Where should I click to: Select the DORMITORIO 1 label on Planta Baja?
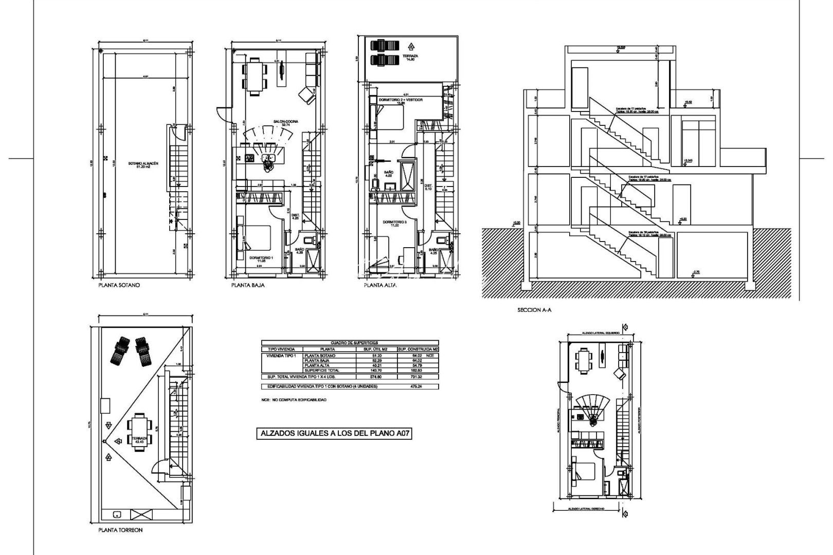click(261, 259)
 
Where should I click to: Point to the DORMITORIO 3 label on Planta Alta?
click(394, 223)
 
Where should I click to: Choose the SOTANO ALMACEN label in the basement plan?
click(143, 165)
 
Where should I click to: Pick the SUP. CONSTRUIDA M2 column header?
click(418, 349)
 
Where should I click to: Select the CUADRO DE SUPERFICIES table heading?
click(350, 343)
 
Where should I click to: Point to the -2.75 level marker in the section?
click(697, 271)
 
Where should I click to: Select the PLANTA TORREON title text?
click(120, 530)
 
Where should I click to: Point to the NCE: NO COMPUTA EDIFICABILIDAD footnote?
click(293, 400)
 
